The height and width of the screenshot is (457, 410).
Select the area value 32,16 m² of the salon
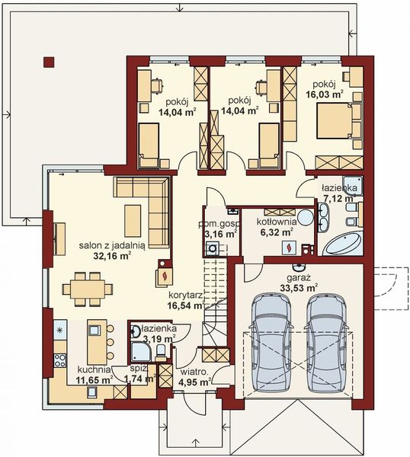click(112, 257)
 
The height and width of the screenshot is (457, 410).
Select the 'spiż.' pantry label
click(138, 368)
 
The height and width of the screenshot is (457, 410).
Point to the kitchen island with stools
click(97, 340)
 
